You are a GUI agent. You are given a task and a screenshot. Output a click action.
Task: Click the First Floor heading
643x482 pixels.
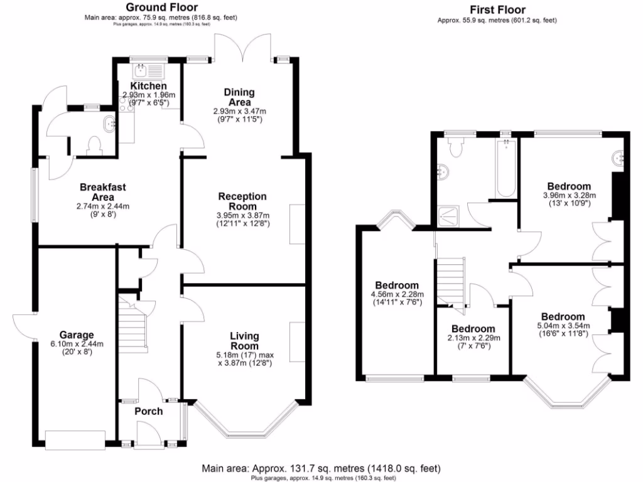[x=497, y=9]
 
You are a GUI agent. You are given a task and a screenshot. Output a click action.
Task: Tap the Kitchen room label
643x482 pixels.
[x=149, y=86]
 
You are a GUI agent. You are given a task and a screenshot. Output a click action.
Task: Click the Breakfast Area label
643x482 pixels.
[x=103, y=192]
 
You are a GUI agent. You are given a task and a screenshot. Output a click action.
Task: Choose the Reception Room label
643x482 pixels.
[x=242, y=201]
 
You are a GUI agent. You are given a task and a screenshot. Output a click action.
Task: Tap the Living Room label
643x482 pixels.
[x=244, y=341]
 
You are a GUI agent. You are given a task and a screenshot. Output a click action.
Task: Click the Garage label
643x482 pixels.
[x=77, y=335]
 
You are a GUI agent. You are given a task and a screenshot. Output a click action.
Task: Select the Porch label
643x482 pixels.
[x=149, y=411]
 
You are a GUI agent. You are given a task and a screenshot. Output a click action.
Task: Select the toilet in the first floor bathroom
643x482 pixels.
[x=456, y=147]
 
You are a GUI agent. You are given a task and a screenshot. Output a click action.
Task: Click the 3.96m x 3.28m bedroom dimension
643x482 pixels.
[x=569, y=195]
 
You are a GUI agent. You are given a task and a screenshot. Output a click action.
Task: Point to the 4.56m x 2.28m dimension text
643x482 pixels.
[x=396, y=294]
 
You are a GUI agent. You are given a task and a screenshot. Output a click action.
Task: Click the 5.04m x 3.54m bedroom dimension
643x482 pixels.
[x=563, y=326]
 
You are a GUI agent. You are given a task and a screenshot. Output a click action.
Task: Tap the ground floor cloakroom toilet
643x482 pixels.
[x=95, y=146]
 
